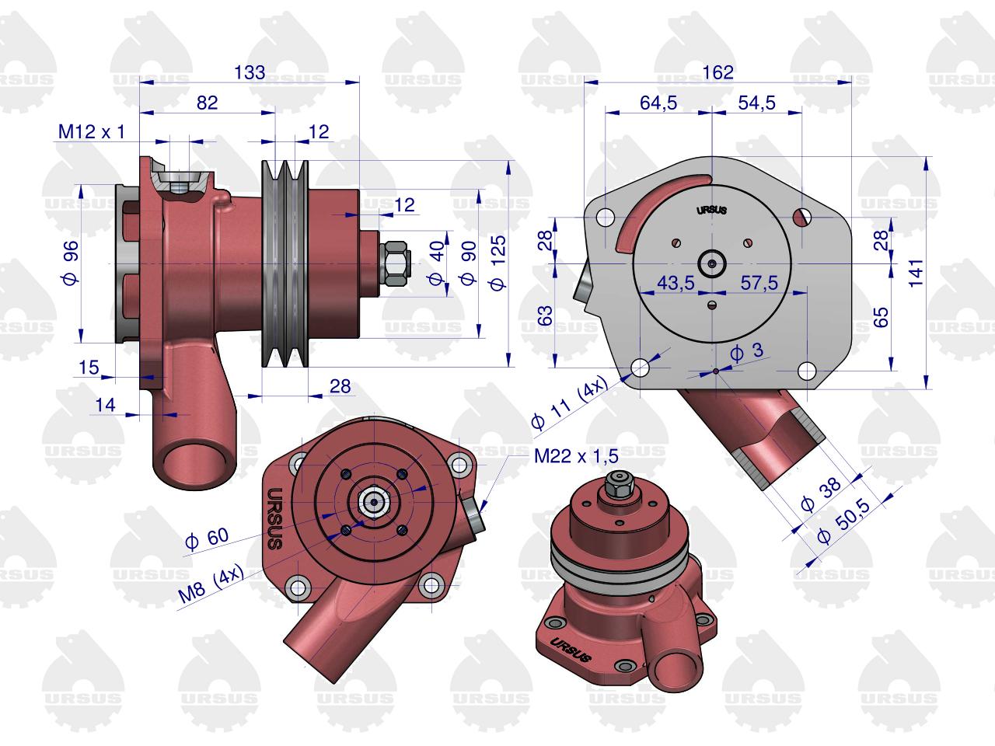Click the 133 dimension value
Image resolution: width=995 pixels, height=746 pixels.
[250, 72]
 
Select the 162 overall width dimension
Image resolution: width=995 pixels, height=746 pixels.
[717, 72]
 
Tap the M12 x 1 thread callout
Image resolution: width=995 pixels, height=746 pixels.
[91, 132]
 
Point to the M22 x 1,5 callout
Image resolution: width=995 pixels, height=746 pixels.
[576, 456]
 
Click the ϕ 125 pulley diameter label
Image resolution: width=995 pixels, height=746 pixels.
[497, 263]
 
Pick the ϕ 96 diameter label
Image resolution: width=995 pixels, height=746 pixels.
[70, 263]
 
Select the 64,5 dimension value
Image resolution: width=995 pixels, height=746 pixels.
[658, 103]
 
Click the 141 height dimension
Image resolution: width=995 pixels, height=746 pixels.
[916, 273]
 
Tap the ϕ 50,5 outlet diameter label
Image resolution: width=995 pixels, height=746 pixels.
[844, 520]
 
